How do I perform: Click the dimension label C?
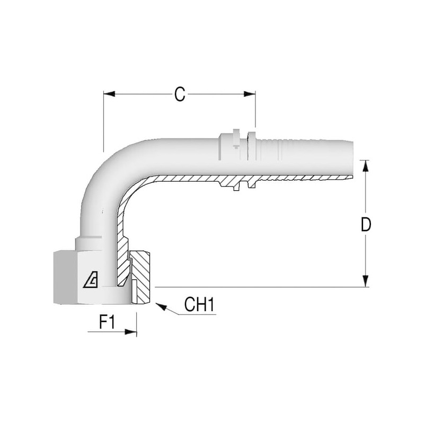(180, 94)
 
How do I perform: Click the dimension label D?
(365, 224)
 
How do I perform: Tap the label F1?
(108, 322)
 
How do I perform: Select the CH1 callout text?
(199, 305)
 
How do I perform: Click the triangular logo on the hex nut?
(90, 280)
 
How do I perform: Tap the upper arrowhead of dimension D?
(365, 165)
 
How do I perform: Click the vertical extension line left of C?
(104, 122)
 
